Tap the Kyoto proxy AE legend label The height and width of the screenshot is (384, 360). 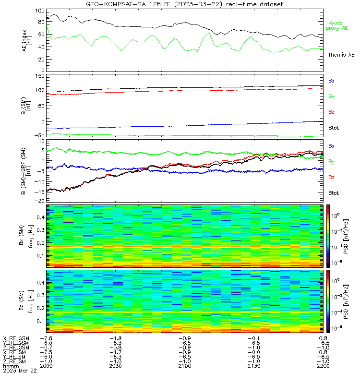(x=337, y=25)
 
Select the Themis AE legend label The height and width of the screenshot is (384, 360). (x=341, y=55)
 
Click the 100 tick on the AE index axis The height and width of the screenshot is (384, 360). (x=40, y=11)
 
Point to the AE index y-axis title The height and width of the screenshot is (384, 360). (x=27, y=41)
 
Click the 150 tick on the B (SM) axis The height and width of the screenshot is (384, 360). (x=40, y=76)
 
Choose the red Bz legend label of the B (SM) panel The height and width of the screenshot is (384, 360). (x=331, y=112)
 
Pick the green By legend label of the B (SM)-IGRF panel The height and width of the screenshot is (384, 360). (x=331, y=162)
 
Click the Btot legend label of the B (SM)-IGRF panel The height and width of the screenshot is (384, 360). (x=334, y=193)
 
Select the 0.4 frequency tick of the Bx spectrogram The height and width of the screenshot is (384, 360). (x=41, y=217)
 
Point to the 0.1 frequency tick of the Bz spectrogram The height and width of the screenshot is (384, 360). (x=41, y=321)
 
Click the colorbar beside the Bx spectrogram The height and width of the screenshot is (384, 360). (x=328, y=236)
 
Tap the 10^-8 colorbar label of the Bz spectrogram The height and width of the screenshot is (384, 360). (x=336, y=328)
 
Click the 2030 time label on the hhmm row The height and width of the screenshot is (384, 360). (x=115, y=366)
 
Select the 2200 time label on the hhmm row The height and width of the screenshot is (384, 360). (x=323, y=366)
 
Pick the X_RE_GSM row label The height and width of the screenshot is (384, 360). (x=16, y=338)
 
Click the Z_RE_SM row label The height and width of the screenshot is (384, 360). (x=14, y=361)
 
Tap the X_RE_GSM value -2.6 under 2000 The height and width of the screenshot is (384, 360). (x=46, y=338)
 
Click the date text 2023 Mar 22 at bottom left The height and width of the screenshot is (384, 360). (x=20, y=371)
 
